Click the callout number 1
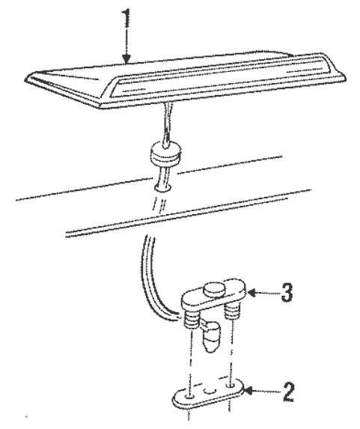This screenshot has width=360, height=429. click(x=126, y=18)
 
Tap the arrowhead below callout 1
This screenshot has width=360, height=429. click(x=126, y=58)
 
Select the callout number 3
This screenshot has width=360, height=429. click(x=287, y=293)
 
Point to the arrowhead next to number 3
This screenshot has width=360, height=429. click(x=252, y=293)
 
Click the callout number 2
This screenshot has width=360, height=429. click(x=288, y=392)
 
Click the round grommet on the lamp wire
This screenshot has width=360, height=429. click(x=165, y=153)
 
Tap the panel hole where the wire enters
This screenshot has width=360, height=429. click(x=163, y=188)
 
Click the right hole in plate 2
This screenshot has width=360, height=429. click(x=231, y=386)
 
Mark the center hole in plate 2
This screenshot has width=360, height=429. click(x=210, y=391)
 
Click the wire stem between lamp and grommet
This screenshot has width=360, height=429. click(x=167, y=123)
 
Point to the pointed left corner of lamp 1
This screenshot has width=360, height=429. click(x=30, y=76)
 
